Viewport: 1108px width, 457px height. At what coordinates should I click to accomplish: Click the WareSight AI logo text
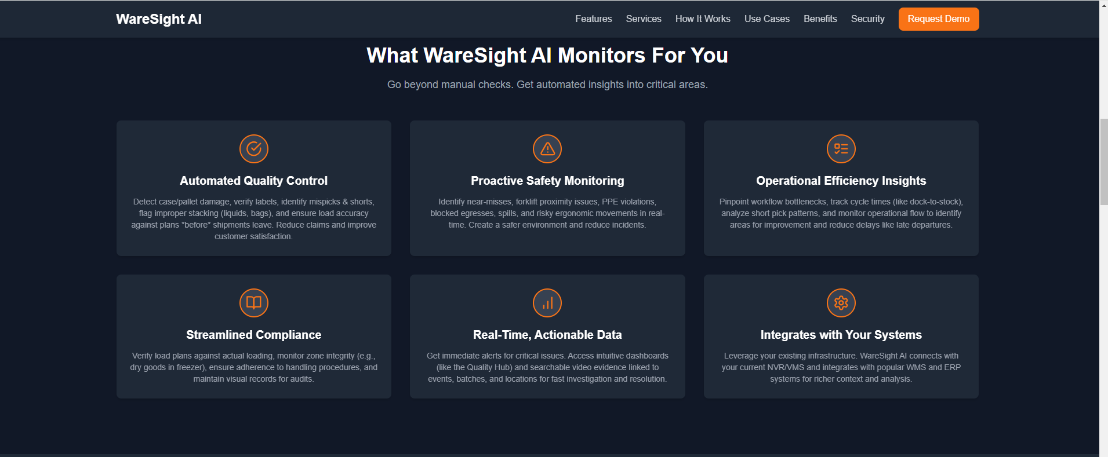(158, 19)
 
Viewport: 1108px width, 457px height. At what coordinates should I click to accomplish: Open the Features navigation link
(593, 19)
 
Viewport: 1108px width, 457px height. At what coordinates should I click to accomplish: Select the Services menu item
(644, 19)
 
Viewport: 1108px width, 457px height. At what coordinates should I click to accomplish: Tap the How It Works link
(703, 19)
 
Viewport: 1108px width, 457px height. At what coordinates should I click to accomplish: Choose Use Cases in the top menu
(766, 19)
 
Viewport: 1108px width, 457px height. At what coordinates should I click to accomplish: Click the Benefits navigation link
(820, 19)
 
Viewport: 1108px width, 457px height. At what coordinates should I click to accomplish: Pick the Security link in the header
(867, 19)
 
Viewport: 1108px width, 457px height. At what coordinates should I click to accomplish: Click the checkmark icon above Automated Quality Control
(254, 149)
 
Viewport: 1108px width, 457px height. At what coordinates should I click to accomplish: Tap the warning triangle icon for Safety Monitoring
(547, 149)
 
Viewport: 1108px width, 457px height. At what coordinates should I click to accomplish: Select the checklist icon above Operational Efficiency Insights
(841, 149)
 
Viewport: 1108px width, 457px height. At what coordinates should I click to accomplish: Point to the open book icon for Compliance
(254, 303)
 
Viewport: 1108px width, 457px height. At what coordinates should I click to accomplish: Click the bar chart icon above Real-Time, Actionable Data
(547, 303)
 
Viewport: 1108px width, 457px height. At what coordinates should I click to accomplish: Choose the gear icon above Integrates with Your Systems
(841, 303)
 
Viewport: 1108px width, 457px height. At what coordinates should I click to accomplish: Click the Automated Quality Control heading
(253, 181)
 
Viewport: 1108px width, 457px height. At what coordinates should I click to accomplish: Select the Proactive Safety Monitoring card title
(547, 181)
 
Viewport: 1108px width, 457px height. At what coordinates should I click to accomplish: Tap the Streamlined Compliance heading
(253, 335)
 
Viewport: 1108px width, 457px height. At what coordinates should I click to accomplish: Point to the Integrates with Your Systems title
(841, 335)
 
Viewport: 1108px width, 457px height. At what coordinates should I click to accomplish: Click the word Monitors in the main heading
(601, 56)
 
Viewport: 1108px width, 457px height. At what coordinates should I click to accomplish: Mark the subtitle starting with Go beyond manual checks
(547, 85)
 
